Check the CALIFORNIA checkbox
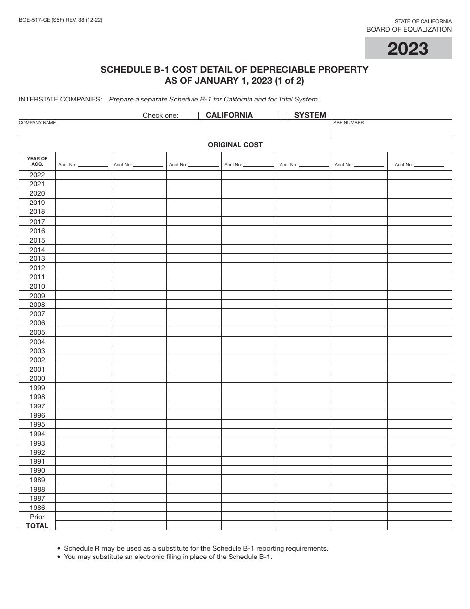[x=195, y=116]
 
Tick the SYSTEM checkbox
[x=284, y=116]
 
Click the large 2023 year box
[x=408, y=49]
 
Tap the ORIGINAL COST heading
[x=235, y=145]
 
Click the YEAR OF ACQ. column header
[x=37, y=161]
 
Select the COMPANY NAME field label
[x=38, y=123]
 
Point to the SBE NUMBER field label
[x=349, y=123]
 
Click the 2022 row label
[x=37, y=175]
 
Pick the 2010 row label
[x=37, y=286]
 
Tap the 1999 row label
[x=37, y=388]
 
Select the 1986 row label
[x=37, y=507]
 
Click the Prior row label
[x=37, y=517]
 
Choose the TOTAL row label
[x=37, y=526]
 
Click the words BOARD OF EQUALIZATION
[x=409, y=29]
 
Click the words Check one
[x=160, y=116]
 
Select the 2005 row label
[x=37, y=332]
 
